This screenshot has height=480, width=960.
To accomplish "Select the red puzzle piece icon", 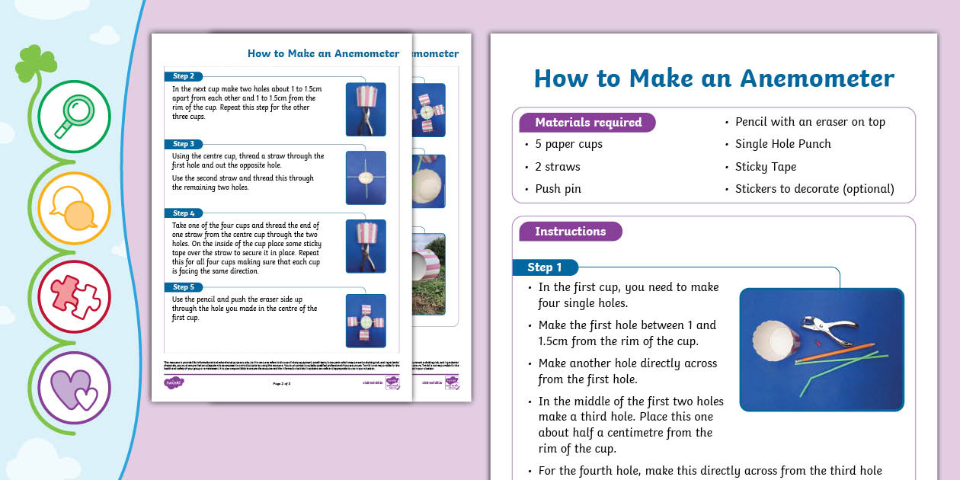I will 73,297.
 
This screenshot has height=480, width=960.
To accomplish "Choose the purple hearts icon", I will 73,387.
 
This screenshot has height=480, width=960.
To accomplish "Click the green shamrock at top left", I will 36,63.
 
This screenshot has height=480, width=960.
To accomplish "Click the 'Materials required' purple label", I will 587,123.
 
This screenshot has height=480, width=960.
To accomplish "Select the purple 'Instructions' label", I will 570,232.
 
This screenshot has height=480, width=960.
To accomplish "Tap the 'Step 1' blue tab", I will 546,267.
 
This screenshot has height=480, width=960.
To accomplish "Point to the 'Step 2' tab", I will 184,76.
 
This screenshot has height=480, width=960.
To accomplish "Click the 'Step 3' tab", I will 184,144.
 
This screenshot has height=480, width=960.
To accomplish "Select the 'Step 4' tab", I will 184,213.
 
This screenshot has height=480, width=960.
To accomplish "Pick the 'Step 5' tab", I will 184,287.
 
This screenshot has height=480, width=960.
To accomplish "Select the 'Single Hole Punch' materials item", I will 782,144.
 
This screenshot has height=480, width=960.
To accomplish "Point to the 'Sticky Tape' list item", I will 765,167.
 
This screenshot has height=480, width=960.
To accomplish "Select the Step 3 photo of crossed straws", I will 366,178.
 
